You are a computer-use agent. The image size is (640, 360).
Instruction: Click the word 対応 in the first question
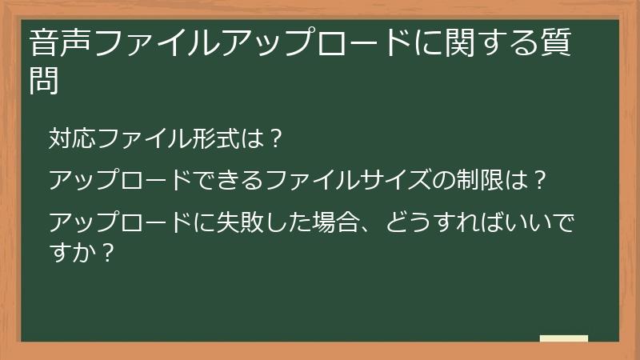72,138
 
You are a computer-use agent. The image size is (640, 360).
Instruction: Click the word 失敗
254,221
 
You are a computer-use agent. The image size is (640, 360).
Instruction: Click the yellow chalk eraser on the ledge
563,338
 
